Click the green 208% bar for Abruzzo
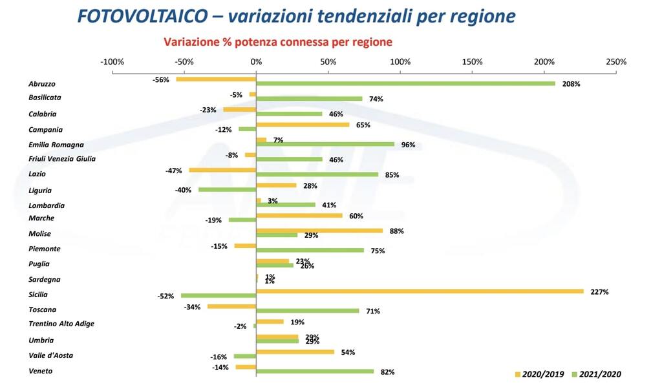(x=405, y=83)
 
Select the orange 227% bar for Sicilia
(x=420, y=291)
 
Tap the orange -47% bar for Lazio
(x=222, y=170)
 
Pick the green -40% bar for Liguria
(x=227, y=189)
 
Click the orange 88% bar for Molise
(x=319, y=230)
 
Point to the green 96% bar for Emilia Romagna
(x=325, y=144)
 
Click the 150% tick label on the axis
(x=472, y=62)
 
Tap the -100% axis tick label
(x=112, y=62)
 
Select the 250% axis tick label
(x=615, y=62)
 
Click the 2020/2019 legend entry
(x=540, y=374)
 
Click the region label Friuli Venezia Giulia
(x=62, y=159)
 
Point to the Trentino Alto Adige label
(x=61, y=324)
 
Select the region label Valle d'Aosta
(x=50, y=355)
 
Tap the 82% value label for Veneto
(x=387, y=371)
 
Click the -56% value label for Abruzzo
(x=160, y=80)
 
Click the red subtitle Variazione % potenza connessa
(x=278, y=43)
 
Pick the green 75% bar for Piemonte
(x=310, y=250)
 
